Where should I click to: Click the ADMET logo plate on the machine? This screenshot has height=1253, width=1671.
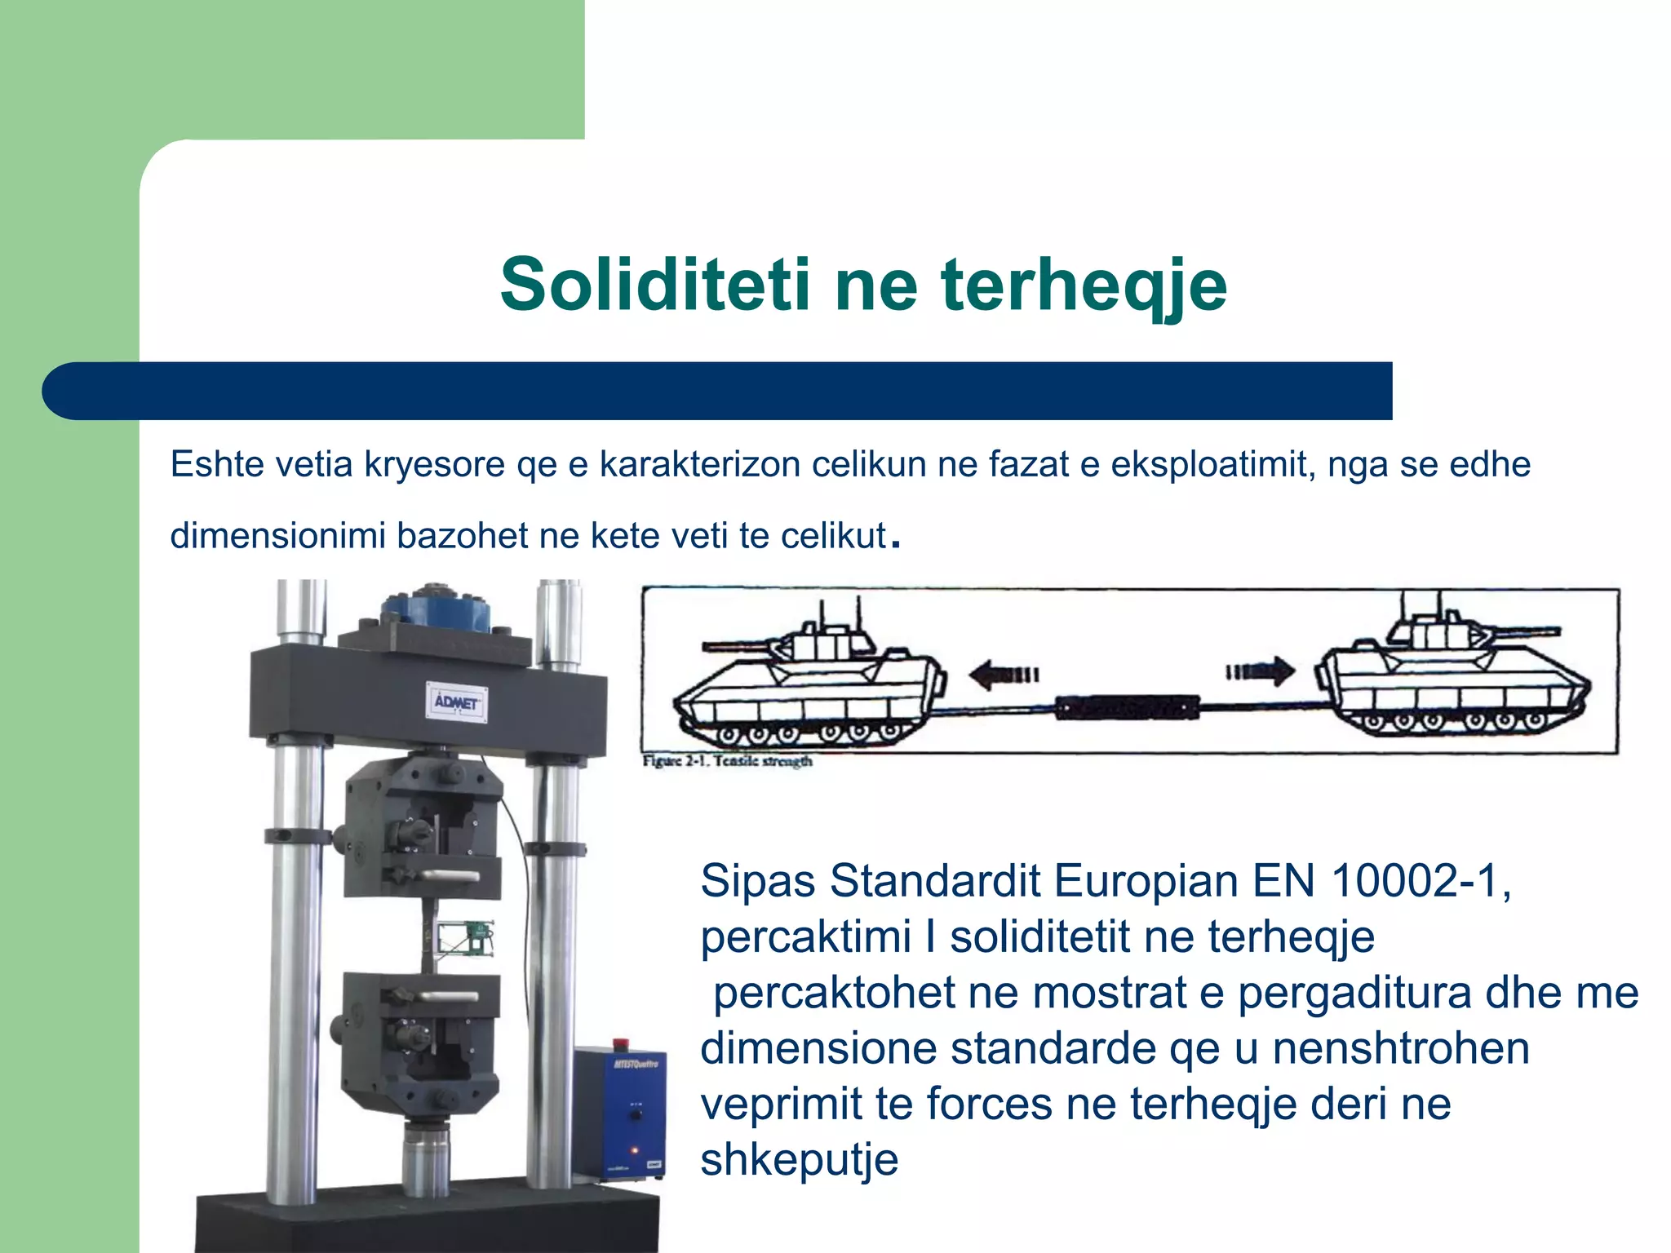(x=458, y=702)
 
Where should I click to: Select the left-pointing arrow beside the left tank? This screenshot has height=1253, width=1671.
(x=1003, y=675)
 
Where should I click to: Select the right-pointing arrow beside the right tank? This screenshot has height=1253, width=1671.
(x=1261, y=672)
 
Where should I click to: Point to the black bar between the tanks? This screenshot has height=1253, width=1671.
(x=1128, y=706)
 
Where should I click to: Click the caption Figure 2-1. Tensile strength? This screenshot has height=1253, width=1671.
(x=727, y=761)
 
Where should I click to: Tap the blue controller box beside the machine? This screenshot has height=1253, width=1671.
(x=619, y=1114)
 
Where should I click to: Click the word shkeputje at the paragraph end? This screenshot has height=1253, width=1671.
(x=799, y=1159)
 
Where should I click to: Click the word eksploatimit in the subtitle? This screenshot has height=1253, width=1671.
(x=1212, y=465)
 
